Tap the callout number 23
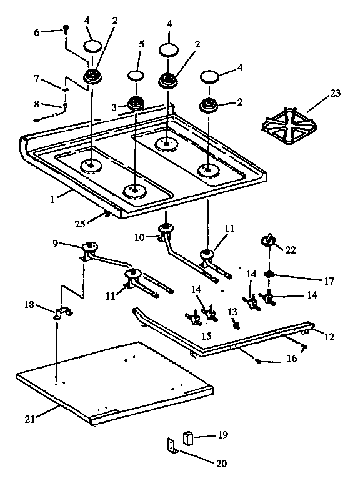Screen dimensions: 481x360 336,93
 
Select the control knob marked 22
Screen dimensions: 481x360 267,239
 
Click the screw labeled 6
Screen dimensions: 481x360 66,29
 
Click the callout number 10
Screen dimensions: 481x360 139,237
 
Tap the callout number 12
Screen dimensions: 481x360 329,337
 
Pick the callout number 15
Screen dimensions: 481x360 206,335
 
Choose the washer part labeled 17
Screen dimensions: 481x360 270,274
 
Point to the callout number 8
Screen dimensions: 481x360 36,104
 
